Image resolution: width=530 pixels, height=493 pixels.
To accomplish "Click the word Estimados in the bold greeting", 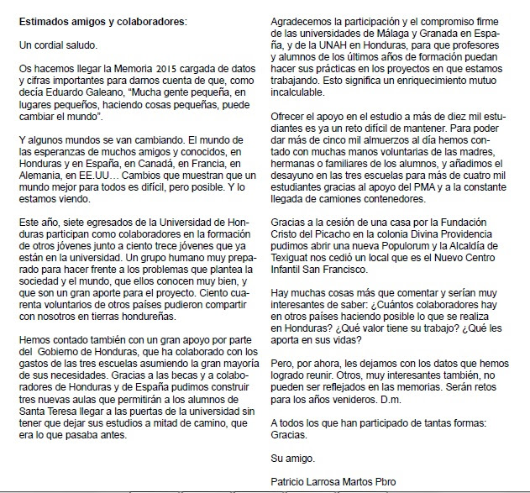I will [x=50, y=18].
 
